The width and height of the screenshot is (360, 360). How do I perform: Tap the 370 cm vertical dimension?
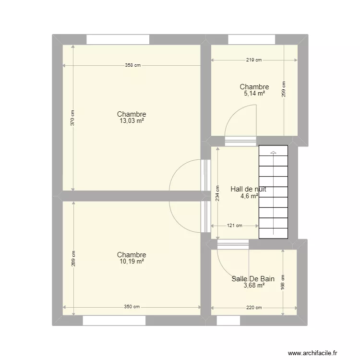73,118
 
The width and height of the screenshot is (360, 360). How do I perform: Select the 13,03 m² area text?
132,121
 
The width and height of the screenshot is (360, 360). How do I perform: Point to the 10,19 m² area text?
132,262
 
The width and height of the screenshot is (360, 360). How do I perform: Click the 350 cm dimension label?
132,307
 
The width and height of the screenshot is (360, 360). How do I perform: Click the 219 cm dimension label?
254,60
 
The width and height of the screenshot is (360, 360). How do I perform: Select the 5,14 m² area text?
254,94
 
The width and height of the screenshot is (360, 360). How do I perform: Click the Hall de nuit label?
248,189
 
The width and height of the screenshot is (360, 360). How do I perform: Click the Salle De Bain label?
253,278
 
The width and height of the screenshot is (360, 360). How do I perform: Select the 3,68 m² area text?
254,285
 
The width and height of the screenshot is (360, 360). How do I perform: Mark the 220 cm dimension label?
254,308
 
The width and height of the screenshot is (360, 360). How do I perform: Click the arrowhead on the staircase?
273,153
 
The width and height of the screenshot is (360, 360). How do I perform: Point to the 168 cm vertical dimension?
283,281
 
